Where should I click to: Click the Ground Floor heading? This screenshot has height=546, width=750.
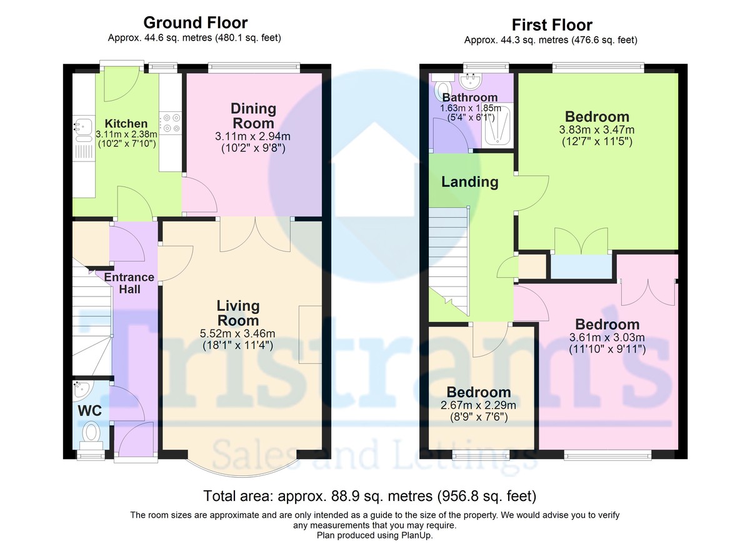point(196,23)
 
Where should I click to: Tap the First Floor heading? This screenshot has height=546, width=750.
point(552,25)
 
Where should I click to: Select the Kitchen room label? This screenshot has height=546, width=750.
point(126,124)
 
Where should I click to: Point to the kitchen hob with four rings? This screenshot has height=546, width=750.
point(171,123)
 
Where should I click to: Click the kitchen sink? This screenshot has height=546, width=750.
point(82,129)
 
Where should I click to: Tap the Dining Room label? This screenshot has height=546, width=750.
point(254,116)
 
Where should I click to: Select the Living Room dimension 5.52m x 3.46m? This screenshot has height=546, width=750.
point(237,333)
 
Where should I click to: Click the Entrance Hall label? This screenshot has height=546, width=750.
point(129,283)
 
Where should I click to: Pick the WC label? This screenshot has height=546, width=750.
point(90,411)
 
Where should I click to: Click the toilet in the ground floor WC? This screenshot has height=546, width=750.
point(91,435)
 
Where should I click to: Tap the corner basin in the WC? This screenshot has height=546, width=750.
point(80,390)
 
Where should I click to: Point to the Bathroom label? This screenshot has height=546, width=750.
point(470,98)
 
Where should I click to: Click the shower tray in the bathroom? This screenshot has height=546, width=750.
point(496,125)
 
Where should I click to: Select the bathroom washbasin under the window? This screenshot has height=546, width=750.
point(471,81)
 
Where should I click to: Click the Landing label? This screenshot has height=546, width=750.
point(470,182)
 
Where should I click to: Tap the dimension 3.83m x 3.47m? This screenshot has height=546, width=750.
point(597,129)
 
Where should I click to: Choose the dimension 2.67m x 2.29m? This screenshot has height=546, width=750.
point(478,405)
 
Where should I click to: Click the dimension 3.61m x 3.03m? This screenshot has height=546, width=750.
point(607,337)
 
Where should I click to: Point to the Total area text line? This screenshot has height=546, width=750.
point(370,496)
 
